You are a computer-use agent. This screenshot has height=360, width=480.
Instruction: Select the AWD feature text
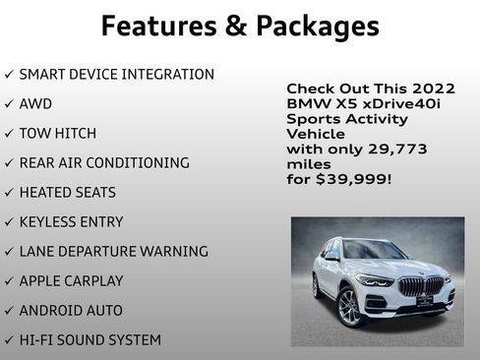coord(35,103)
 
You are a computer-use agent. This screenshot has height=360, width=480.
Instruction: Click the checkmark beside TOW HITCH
coord(9,133)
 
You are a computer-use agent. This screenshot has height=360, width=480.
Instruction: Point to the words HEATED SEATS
coord(67,192)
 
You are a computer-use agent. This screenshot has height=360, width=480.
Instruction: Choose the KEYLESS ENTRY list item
coord(73,221)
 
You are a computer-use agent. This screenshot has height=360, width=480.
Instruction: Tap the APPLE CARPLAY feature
coord(72,280)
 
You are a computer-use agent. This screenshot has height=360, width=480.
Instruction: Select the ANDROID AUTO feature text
coord(71,310)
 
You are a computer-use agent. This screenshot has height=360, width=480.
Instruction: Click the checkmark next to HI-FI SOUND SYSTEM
coord(9,339)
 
